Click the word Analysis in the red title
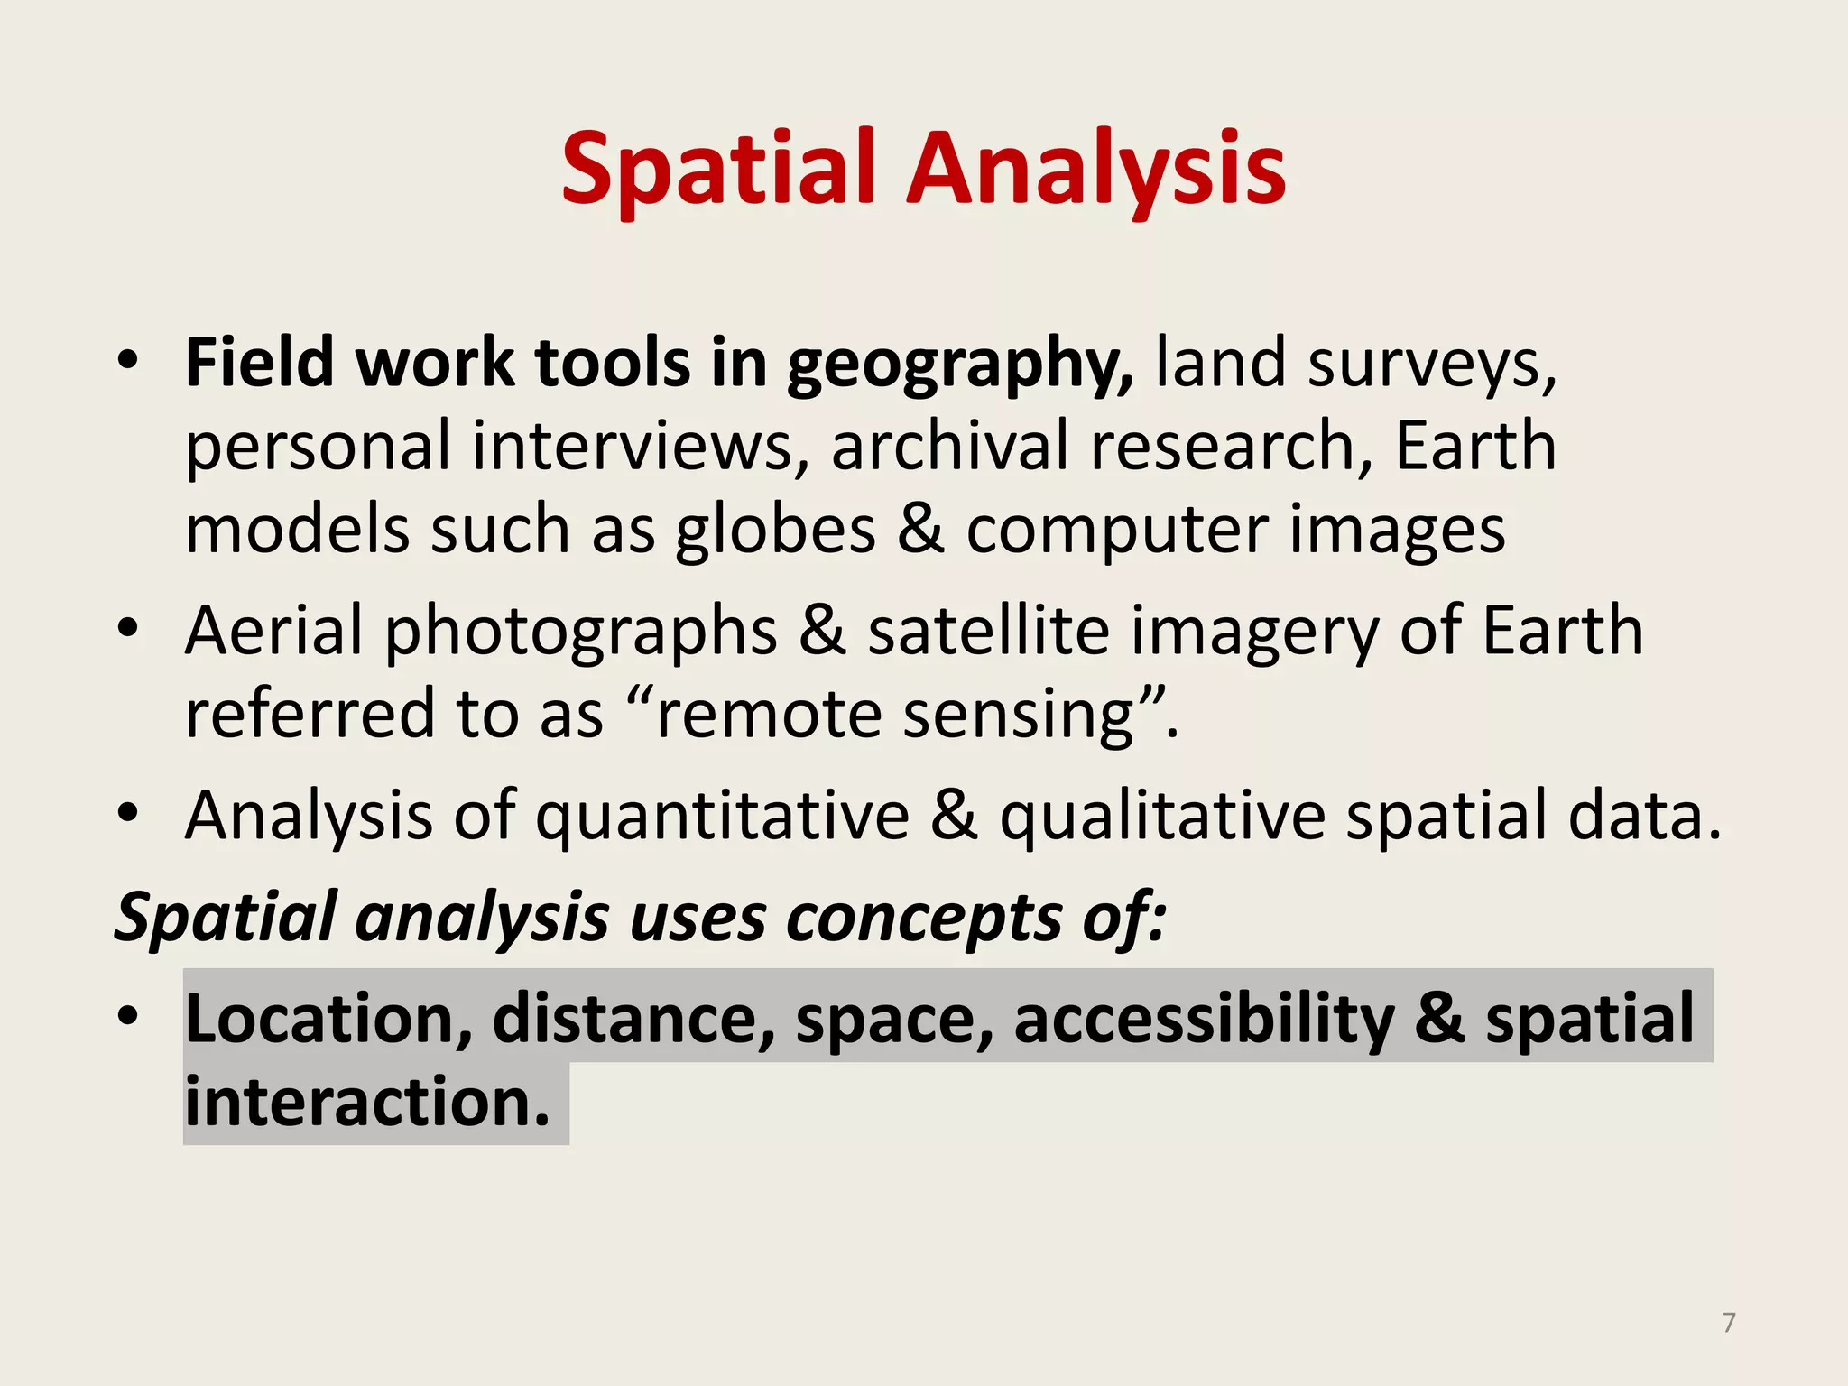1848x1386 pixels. pos(1095,169)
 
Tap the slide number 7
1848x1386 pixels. pos(1728,1323)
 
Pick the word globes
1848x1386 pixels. pos(775,530)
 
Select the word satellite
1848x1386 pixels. pos(988,631)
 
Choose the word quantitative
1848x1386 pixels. pos(722,817)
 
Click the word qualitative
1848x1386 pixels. pos(1162,817)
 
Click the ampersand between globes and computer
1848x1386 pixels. pos(920,530)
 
